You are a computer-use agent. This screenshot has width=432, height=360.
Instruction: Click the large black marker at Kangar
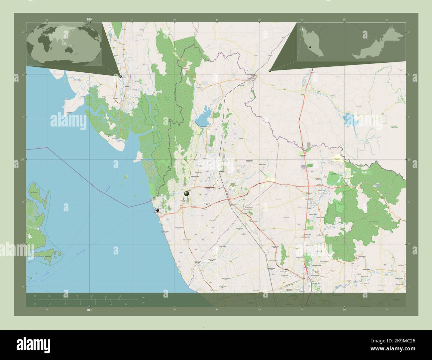point(186,194)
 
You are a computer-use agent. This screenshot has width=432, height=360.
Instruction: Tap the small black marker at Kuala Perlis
point(158,210)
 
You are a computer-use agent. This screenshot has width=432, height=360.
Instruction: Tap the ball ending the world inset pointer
point(120,76)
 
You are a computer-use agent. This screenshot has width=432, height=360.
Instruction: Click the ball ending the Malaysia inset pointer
point(270,70)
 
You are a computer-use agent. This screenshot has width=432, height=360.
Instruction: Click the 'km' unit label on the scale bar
point(143,297)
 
